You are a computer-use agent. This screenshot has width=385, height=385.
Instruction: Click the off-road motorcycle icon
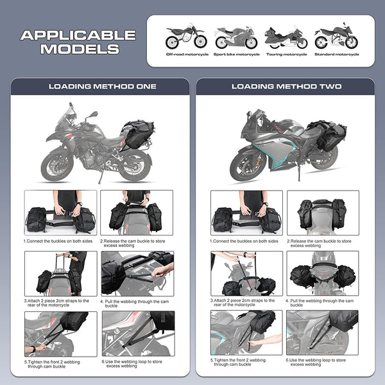[x=183, y=37]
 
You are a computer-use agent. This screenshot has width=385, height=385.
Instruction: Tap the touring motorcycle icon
[x=286, y=38]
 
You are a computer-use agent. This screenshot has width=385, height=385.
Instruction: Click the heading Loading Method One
[x=103, y=86]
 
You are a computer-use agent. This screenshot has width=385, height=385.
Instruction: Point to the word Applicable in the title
[x=78, y=35]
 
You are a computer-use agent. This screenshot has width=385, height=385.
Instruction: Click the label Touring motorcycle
[x=286, y=55]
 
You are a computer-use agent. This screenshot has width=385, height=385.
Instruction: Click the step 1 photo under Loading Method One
[x=60, y=212]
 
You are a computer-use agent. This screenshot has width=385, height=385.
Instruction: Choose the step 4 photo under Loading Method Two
[x=322, y=273]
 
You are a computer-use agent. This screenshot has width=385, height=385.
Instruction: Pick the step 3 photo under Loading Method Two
[x=248, y=273]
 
